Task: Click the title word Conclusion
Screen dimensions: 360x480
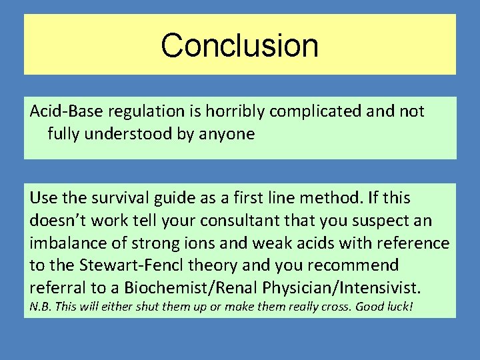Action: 239,45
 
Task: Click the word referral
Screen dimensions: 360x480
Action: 54,288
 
